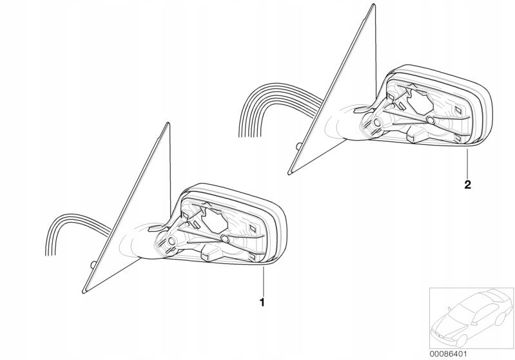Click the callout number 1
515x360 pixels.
(x=262, y=302)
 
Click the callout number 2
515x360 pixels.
(x=468, y=184)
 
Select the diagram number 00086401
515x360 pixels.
(x=448, y=354)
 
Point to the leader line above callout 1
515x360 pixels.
(x=263, y=281)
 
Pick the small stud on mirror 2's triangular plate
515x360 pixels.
(x=298, y=146)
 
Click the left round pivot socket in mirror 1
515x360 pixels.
(x=171, y=242)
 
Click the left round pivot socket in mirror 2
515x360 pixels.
(x=376, y=123)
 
